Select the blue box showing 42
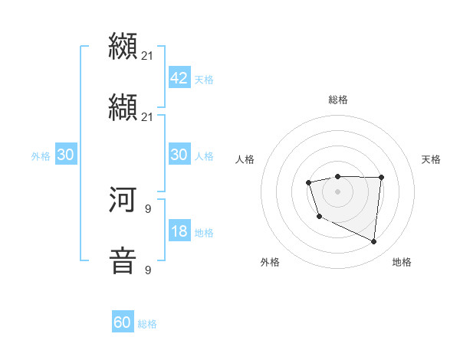point(179,77)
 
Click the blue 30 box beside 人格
point(179,155)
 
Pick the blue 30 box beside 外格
point(65,155)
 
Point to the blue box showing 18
point(179,231)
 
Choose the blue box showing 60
point(123,322)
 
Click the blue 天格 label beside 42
point(204,80)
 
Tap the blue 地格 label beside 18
point(204,233)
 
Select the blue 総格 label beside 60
point(147,325)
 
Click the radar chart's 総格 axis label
point(337,100)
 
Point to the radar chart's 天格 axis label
point(432,159)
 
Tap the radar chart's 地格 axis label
point(402,262)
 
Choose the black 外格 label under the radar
point(270,262)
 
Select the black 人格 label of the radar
point(245,159)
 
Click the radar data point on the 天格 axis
point(382,178)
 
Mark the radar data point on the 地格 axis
point(374,242)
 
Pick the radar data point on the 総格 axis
point(337,176)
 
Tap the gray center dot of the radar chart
point(337,191)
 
